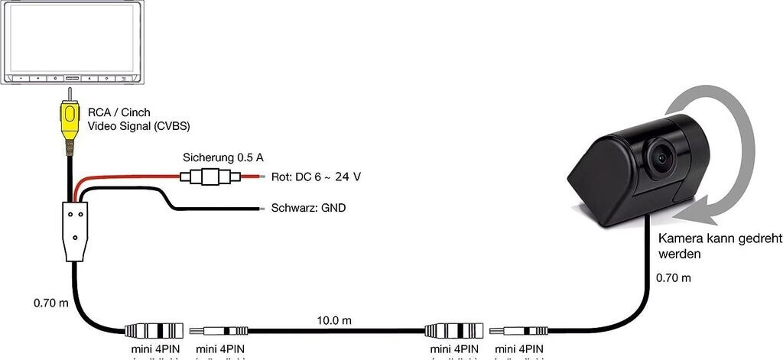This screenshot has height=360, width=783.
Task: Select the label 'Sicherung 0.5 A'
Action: click(223, 157)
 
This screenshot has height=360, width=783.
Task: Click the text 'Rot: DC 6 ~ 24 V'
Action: click(316, 177)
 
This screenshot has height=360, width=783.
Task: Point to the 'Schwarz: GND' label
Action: click(304, 207)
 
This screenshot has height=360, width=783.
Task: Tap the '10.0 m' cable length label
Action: click(334, 319)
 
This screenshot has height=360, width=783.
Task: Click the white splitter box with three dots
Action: click(76, 229)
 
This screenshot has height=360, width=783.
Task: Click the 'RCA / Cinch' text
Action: click(118, 112)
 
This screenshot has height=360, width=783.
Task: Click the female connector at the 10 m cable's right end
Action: click(454, 332)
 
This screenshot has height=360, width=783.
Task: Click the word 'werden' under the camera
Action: click(679, 253)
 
